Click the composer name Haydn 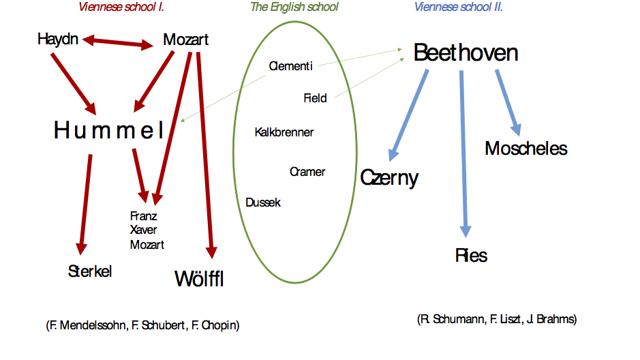pos(59,39)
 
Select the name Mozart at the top pos(185,40)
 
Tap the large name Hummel pos(109,130)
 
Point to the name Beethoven pos(466,53)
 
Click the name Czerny pos(389,178)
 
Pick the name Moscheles pos(525,148)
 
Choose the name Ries pos(471,256)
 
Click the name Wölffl pos(199,278)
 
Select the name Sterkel pos(90,271)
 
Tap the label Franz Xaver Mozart pos(147,230)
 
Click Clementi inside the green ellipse pos(290,66)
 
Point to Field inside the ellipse pos(315,98)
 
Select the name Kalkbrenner pos(284,132)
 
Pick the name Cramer pos(307,172)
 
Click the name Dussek pos(263,202)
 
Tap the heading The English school pos(294,7)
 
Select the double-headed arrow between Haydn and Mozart pos(118,43)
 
